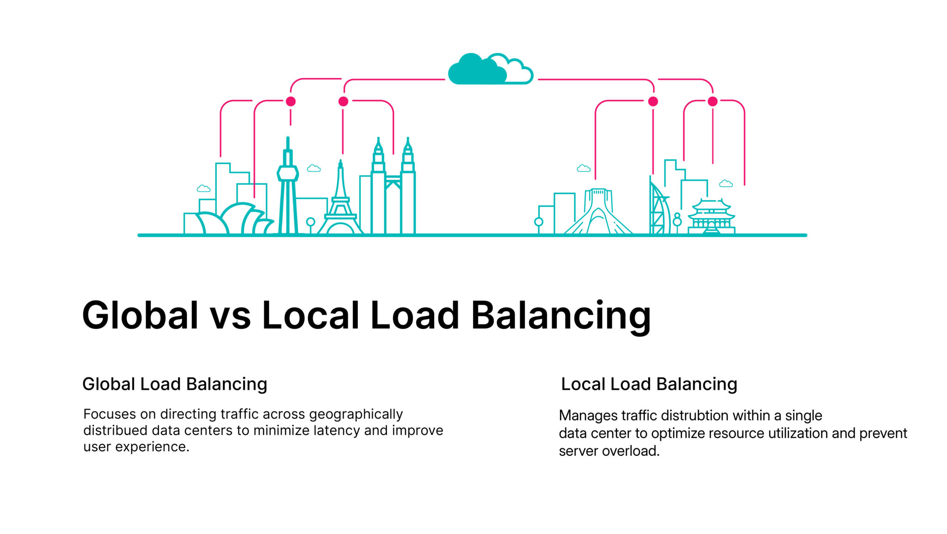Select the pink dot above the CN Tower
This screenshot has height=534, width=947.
pyautogui.click(x=290, y=101)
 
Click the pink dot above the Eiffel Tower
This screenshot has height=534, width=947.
pyautogui.click(x=343, y=101)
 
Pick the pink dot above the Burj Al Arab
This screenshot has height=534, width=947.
pyautogui.click(x=653, y=101)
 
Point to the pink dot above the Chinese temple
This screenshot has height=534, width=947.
pyautogui.click(x=713, y=101)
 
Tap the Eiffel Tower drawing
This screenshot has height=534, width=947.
pyautogui.click(x=340, y=203)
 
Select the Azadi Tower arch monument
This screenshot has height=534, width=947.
pyautogui.click(x=598, y=213)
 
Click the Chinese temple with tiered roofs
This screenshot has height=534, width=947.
pyautogui.click(x=711, y=216)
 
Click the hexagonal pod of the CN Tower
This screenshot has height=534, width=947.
pyautogui.click(x=288, y=173)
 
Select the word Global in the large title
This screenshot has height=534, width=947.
pyautogui.click(x=140, y=316)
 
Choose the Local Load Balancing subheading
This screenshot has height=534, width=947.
pyautogui.click(x=649, y=384)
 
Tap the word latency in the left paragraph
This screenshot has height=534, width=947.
pyautogui.click(x=337, y=430)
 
